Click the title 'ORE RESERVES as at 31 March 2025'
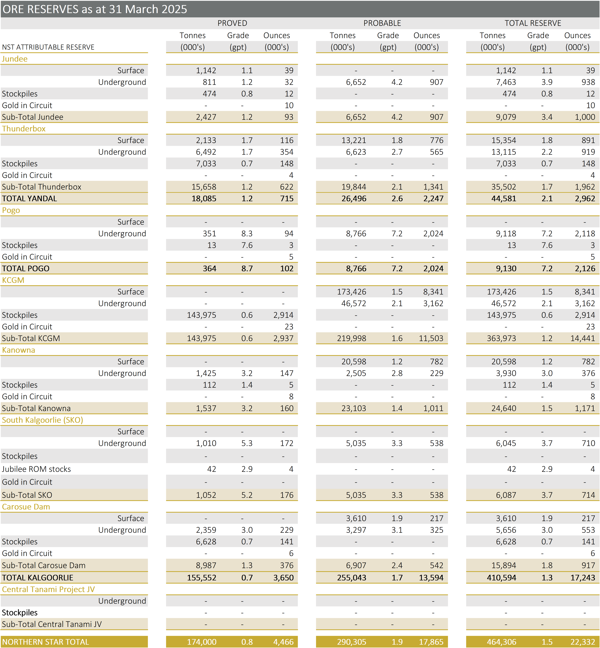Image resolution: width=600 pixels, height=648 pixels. pos(95,9)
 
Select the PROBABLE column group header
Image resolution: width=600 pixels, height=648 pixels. pos(382,23)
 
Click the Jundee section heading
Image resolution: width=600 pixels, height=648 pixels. pos(15,59)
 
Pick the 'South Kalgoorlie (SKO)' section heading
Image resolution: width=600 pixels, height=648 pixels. pos(43,420)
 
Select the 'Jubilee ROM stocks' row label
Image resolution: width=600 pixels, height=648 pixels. pos(36,469)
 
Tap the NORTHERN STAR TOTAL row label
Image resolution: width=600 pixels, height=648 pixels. pos(45,642)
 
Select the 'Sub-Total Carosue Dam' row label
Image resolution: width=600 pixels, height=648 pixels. pos(44,565)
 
